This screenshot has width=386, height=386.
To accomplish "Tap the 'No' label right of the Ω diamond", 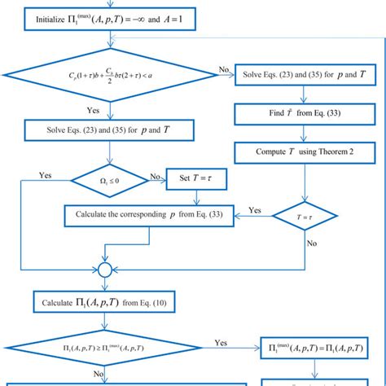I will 155,173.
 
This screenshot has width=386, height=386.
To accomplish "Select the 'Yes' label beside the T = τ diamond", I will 254,209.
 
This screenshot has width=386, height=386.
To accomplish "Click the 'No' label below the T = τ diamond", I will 311,243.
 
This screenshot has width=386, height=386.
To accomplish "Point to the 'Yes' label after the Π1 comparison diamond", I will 221,343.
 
